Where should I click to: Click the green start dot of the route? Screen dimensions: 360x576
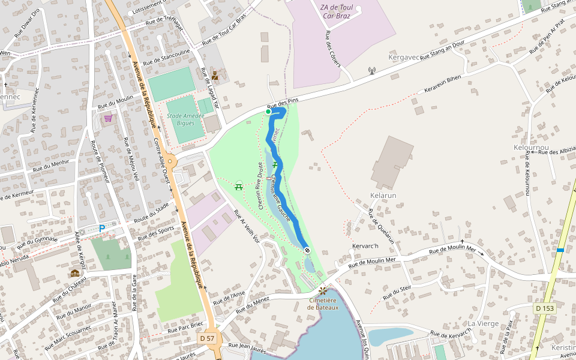coord(268,111)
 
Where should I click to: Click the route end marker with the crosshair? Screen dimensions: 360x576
coord(307,250)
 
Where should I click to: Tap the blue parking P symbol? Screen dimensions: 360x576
coord(102,228)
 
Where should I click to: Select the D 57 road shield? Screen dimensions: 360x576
coord(207,338)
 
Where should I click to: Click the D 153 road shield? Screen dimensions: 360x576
coord(545,308)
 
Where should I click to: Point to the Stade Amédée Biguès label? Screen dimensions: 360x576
coord(182,119)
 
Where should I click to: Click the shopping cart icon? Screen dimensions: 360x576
coord(108,118)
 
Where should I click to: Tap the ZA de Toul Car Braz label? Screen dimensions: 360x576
coord(337,11)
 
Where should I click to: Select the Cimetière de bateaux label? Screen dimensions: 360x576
coord(323,304)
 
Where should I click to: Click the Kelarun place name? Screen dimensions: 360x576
coord(383,196)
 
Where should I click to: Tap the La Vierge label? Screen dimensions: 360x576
coord(484,323)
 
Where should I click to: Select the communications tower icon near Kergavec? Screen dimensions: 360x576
coord(371,71)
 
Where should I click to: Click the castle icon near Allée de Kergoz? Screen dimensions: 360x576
coord(75,273)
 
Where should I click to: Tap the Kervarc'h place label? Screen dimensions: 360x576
coord(366,247)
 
